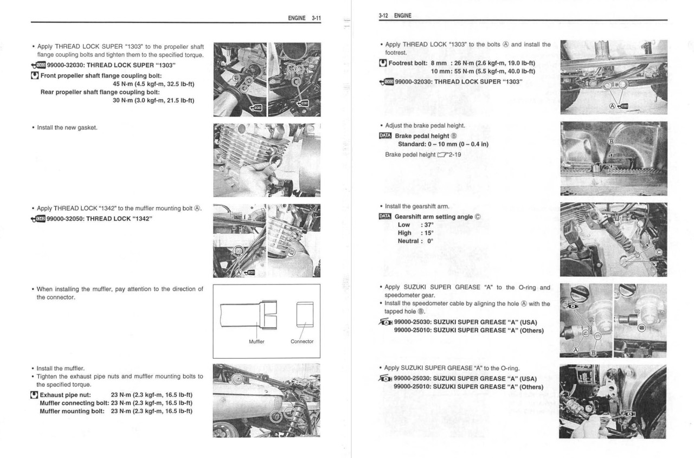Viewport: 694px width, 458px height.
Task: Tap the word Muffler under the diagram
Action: point(256,341)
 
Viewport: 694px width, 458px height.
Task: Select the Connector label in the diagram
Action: point(302,341)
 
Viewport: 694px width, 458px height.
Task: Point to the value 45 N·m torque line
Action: point(153,84)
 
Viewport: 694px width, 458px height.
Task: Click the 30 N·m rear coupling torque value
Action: point(153,100)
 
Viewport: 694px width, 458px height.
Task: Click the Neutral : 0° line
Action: point(416,241)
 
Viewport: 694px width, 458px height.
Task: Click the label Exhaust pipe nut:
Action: point(65,395)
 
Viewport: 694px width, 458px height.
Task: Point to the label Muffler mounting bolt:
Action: point(72,411)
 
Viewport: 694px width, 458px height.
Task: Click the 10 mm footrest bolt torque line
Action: point(483,71)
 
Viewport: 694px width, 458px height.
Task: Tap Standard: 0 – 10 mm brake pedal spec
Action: point(443,144)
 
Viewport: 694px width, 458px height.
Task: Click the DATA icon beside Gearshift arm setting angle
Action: point(385,217)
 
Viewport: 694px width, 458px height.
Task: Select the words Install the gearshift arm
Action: point(417,207)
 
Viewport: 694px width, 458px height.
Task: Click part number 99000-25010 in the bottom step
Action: point(412,386)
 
